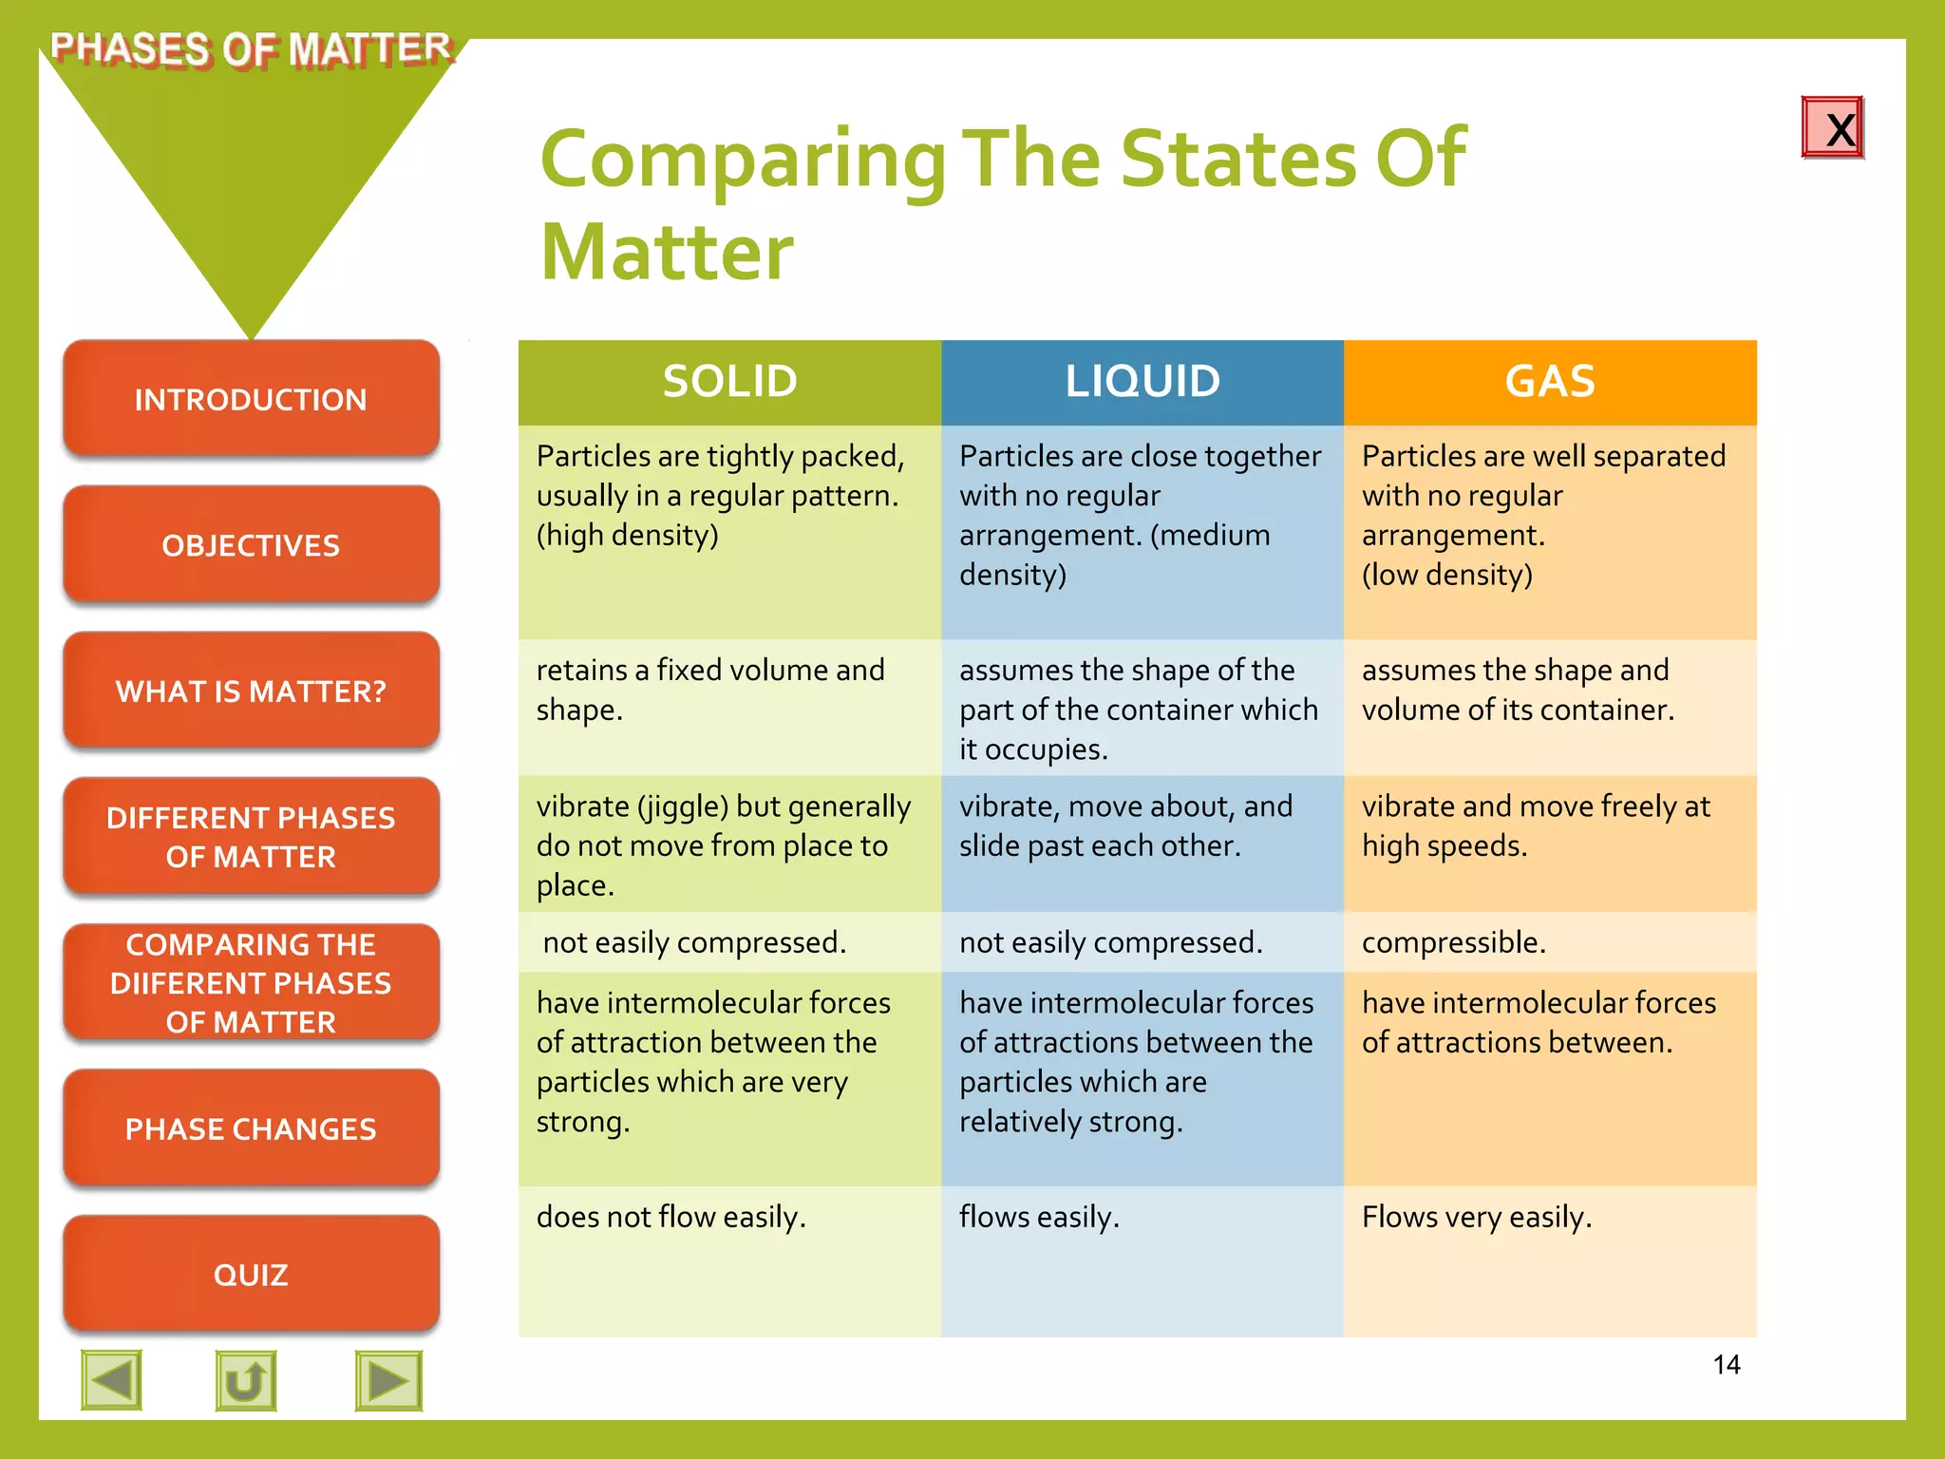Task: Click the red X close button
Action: pos(1832,127)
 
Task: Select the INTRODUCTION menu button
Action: pos(251,399)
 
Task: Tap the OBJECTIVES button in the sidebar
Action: pos(251,545)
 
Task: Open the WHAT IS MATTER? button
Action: pos(251,691)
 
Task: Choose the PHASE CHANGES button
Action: pos(251,1128)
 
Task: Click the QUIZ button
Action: pos(251,1274)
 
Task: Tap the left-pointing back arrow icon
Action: pos(112,1380)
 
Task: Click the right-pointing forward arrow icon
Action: pos(388,1380)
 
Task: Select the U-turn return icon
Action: pos(246,1380)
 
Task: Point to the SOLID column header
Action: pos(729,382)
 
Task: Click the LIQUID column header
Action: pos(1142,382)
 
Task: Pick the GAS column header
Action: pos(1550,382)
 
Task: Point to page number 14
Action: pos(1727,1365)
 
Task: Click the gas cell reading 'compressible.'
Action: pos(1454,942)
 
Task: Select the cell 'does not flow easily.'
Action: pos(670,1217)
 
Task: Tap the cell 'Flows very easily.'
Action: pos(1477,1217)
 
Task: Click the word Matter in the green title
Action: pos(667,253)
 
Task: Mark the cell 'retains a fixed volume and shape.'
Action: pos(710,690)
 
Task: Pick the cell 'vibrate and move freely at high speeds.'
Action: pos(1536,825)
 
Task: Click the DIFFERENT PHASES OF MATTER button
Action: pos(251,837)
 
